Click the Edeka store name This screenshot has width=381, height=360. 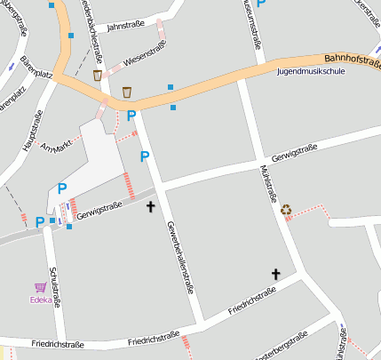point(41,300)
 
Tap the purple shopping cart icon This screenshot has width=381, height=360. point(40,287)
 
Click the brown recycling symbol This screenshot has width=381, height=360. point(286,210)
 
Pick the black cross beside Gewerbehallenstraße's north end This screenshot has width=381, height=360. point(150,206)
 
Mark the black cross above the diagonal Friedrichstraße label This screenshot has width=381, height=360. point(275,275)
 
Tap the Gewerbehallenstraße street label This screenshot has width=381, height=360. point(180,258)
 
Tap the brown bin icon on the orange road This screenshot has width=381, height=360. point(127,92)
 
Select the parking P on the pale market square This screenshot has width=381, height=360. point(62,188)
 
